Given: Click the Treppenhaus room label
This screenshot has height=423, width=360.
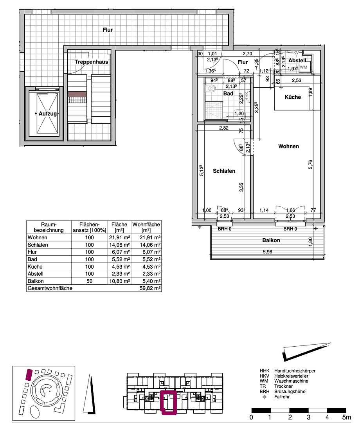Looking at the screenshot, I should (x=92, y=62).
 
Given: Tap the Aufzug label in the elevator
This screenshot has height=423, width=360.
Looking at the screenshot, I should (x=48, y=114).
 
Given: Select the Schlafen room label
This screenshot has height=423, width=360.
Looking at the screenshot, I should (x=224, y=171).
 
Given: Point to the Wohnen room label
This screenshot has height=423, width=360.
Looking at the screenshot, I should (x=288, y=146).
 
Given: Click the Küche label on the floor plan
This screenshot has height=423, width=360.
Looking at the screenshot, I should (x=293, y=97).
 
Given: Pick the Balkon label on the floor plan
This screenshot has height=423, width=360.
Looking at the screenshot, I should (x=271, y=240).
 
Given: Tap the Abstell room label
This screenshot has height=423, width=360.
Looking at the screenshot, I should (x=297, y=61).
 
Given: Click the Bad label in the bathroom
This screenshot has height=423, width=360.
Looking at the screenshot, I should (x=228, y=94).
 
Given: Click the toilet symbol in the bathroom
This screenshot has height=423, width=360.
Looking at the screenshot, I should (x=212, y=89).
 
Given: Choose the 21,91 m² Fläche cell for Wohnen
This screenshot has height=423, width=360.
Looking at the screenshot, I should (x=119, y=238).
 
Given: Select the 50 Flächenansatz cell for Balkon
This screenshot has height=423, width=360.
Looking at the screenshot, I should (x=90, y=281).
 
